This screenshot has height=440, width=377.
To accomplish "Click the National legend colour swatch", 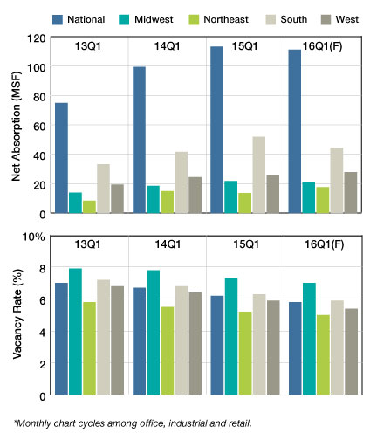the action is pyautogui.click(x=58, y=20).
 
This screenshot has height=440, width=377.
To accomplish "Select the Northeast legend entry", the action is pyautogui.click(x=218, y=20).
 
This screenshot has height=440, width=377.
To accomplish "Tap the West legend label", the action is pyautogui.click(x=347, y=19).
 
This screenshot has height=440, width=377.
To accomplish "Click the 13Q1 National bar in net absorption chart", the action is pyautogui.click(x=61, y=158).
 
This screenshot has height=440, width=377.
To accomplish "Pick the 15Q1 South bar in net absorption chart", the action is pyautogui.click(x=259, y=175).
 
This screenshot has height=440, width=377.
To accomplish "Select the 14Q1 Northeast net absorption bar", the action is pyautogui.click(x=167, y=202).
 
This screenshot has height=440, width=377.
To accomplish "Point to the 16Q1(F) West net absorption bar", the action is pyautogui.click(x=351, y=193).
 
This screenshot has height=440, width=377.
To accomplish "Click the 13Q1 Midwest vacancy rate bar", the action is pyautogui.click(x=75, y=332).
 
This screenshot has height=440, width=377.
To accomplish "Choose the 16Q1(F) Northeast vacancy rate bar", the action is pyautogui.click(x=323, y=355).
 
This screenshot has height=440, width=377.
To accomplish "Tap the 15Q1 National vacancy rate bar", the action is pyautogui.click(x=217, y=346).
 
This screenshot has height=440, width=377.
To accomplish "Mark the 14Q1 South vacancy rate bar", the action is pyautogui.click(x=182, y=340).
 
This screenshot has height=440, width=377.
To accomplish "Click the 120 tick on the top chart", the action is pyautogui.click(x=37, y=38).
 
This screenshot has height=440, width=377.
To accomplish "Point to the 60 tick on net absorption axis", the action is pyautogui.click(x=39, y=127).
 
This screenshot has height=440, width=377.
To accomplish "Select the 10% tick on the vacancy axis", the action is pyautogui.click(x=34, y=237).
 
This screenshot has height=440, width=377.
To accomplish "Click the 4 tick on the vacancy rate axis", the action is pyautogui.click(x=43, y=333).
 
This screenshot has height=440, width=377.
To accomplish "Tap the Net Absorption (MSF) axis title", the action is pyautogui.click(x=17, y=127).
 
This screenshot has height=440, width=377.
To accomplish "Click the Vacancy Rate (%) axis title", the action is pyautogui.click(x=17, y=314).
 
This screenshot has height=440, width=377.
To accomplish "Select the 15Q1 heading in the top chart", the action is pyautogui.click(x=244, y=46).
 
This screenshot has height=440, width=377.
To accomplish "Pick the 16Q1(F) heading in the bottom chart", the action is pyautogui.click(x=324, y=244).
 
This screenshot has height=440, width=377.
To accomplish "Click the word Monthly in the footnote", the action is pyautogui.click(x=30, y=423).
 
